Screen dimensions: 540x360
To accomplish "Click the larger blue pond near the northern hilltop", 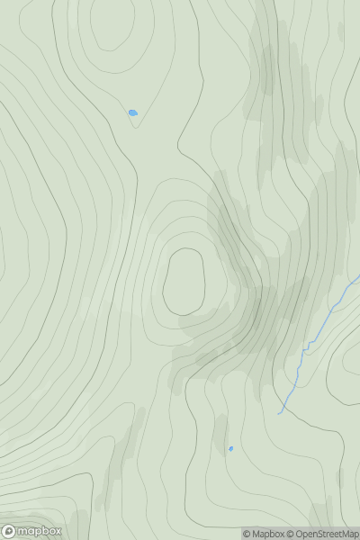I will [133, 112].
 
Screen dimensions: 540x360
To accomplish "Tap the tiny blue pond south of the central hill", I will [231, 448].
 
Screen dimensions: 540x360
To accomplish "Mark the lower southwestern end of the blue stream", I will [280, 413].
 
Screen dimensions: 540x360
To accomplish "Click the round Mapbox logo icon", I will [10, 532].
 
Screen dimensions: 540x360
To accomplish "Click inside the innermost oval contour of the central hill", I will [184, 282].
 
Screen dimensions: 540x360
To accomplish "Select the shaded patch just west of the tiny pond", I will [219, 436].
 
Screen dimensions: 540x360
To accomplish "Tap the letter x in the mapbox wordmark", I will [58, 532].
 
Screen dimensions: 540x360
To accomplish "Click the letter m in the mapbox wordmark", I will [24, 532].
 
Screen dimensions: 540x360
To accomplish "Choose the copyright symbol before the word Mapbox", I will [247, 534].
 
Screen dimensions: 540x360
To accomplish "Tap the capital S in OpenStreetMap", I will [324, 534].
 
